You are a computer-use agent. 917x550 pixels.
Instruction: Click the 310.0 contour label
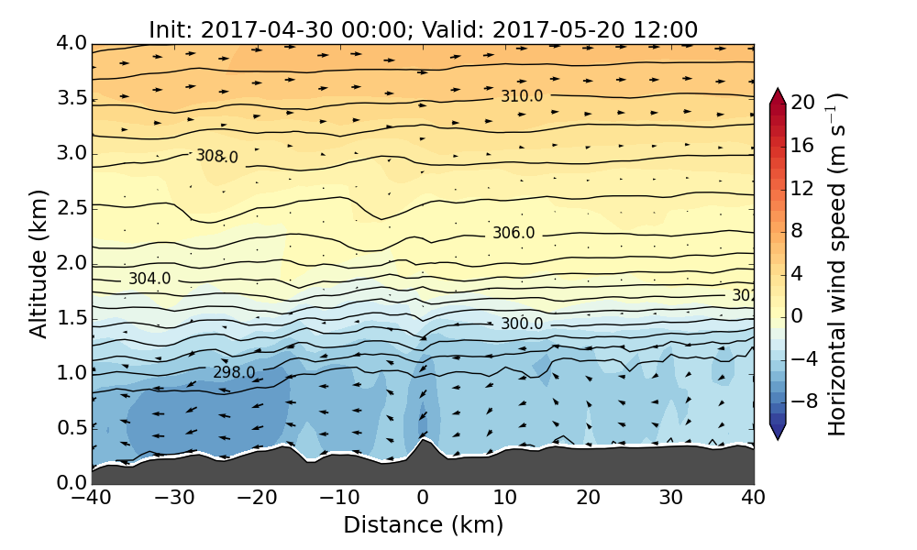(x=521, y=96)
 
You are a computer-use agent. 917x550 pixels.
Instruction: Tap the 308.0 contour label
(x=216, y=157)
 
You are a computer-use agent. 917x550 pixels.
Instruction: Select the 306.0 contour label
(x=514, y=233)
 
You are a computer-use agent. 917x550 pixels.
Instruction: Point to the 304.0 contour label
(x=149, y=279)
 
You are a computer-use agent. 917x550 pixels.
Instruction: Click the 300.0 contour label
(x=522, y=324)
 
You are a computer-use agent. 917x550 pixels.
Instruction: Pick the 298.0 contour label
(x=234, y=372)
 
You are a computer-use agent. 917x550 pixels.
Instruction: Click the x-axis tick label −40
(x=91, y=499)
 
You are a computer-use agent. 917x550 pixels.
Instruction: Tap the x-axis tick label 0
(x=423, y=499)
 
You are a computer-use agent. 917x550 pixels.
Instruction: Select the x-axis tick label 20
(x=588, y=499)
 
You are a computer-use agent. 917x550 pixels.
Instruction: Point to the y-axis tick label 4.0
(x=71, y=43)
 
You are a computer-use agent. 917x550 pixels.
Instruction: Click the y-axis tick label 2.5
(x=71, y=208)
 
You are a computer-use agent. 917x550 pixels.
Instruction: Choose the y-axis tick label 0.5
(x=71, y=428)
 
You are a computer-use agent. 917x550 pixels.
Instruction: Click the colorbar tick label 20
(x=803, y=103)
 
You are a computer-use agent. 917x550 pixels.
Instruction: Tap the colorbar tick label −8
(x=803, y=401)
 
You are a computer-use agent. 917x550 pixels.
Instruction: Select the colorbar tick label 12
(x=803, y=188)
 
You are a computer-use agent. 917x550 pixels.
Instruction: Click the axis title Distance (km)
(x=423, y=525)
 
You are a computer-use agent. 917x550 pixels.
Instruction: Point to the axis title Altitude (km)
(x=39, y=263)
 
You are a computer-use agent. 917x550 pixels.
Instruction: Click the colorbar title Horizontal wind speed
(x=838, y=266)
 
